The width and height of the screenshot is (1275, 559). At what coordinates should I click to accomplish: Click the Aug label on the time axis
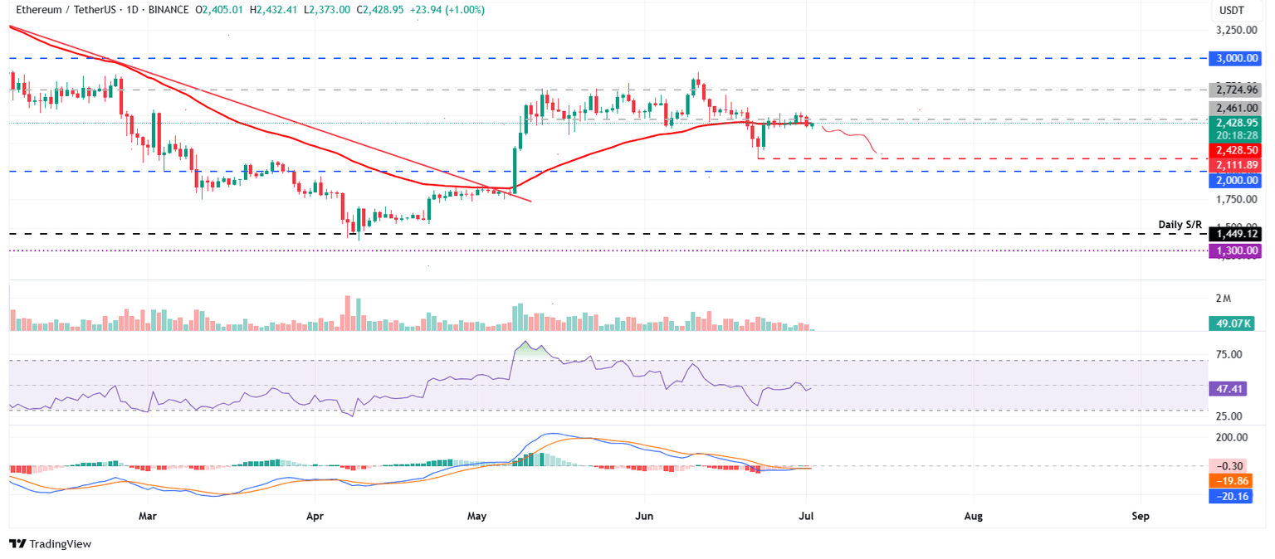point(974,516)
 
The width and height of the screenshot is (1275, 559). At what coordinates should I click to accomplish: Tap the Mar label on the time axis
point(148,516)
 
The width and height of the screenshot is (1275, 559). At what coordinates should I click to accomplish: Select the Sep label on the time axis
point(1141,516)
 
